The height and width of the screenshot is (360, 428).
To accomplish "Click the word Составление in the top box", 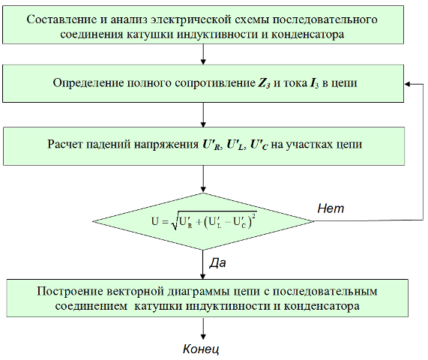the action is point(61,20).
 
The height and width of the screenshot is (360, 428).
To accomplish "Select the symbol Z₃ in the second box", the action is point(265,83).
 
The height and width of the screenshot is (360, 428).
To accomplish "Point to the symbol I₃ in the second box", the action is point(314,83).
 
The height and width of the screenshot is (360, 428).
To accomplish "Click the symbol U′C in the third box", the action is point(259,145).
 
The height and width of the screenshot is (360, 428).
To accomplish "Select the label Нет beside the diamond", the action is point(331,208).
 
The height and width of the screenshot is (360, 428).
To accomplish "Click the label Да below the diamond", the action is point(217,262).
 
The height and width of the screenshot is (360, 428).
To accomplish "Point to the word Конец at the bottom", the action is point(201,349).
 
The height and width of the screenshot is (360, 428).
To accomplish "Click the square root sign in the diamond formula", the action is point(175,221).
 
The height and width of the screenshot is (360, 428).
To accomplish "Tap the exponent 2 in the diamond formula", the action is point(254,216).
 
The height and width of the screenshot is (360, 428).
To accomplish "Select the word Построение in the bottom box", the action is point(70,292).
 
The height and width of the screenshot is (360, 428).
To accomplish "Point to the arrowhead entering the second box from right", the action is point(407,84).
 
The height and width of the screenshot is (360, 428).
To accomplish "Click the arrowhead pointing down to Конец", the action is point(203,336).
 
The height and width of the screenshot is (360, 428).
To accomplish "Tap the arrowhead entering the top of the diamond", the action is point(203,190).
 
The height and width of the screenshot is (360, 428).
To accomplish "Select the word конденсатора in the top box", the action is point(307,34).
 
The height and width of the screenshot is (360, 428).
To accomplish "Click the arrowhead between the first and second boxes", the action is point(203,61).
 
